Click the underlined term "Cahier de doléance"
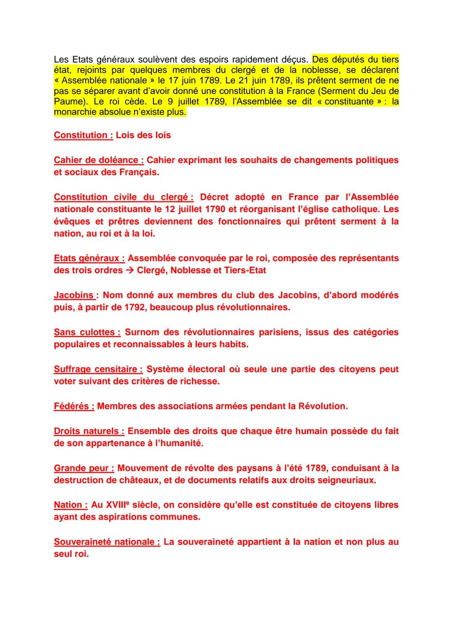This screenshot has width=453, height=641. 99,160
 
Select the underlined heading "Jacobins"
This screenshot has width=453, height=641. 73,295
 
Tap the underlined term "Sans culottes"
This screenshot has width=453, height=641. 87,332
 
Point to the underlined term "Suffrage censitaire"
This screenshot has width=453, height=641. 98,369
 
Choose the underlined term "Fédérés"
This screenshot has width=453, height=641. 74,406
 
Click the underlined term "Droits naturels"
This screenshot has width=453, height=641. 89,431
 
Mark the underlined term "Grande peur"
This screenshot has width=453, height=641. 84,468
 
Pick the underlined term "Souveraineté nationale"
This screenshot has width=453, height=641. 107,542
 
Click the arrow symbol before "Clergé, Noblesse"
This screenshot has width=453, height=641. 130,270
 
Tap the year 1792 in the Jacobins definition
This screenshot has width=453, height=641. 135,307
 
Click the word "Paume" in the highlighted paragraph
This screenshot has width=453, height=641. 67,102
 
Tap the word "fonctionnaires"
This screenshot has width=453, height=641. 249,221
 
